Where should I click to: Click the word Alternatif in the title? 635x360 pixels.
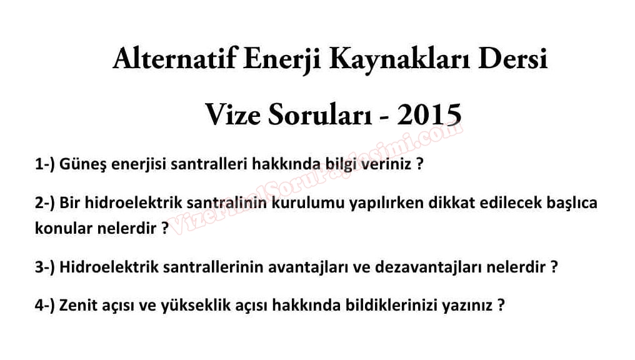coord(174,59)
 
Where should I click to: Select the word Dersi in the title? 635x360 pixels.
coord(513,59)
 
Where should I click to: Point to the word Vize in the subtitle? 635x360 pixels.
coord(233,114)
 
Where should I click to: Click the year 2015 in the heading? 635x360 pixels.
coord(429,114)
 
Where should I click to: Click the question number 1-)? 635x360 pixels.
coord(44,164)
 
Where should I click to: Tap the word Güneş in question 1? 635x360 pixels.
coord(82,165)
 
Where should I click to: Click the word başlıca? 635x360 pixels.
coord(572,203)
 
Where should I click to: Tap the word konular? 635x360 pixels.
coord(64,228)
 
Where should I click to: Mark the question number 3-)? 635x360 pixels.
coord(44,267)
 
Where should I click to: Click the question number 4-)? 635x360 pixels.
coord(44,305)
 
